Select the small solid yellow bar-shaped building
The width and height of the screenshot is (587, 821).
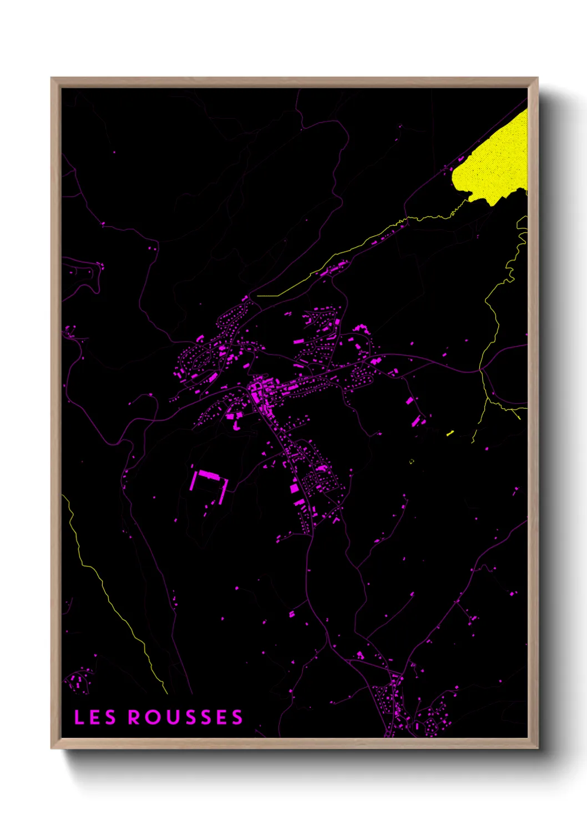point(451,433)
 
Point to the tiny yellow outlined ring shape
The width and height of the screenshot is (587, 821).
point(412,461)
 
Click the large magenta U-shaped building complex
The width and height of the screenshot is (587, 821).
point(209,483)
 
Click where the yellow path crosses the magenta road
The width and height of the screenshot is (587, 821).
point(480,369)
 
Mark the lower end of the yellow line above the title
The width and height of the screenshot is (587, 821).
point(166,692)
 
